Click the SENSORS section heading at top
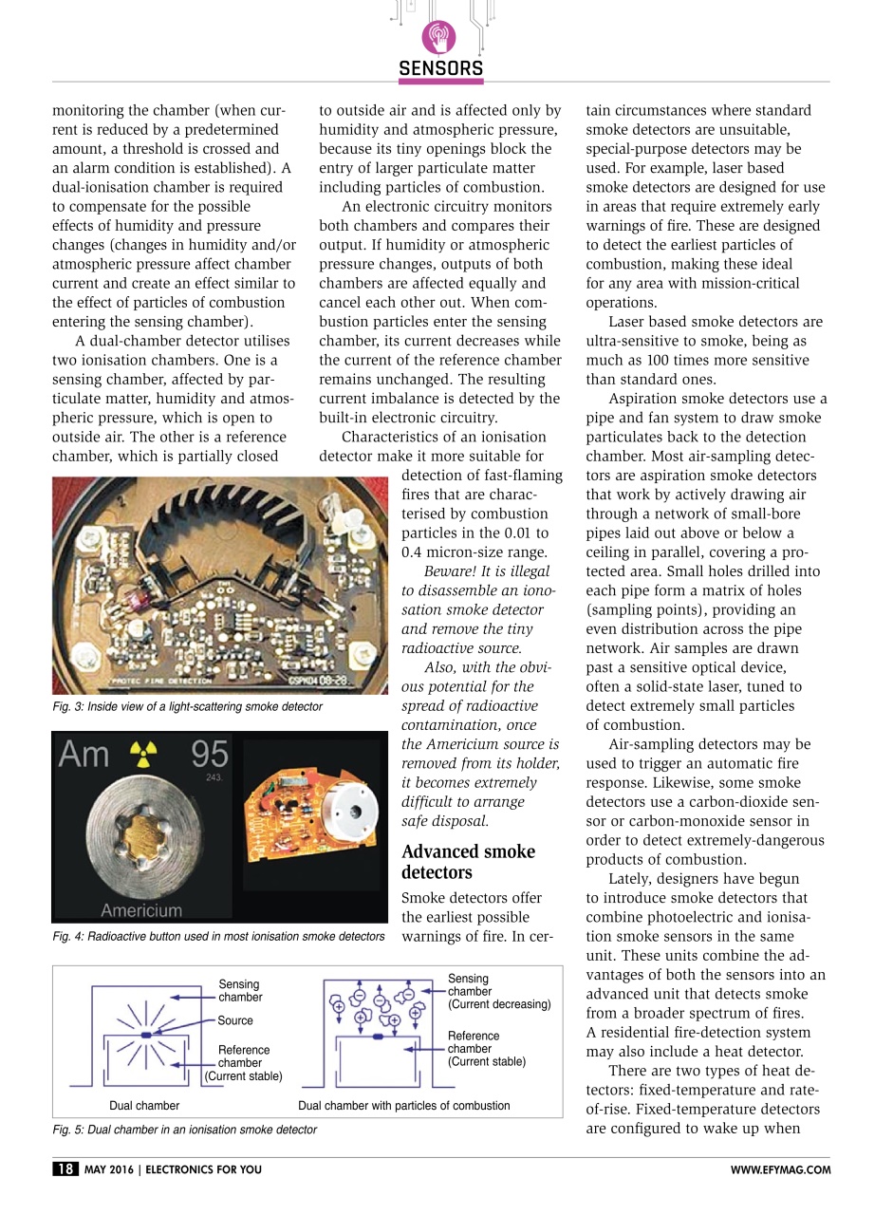[441, 69]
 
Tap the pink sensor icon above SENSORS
[439, 37]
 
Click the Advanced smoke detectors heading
[469, 862]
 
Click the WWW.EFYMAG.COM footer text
[780, 1170]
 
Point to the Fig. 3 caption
[187, 707]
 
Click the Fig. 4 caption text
[218, 937]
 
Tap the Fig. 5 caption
[184, 1130]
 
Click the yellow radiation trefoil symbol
[146, 756]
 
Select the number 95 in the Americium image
[209, 756]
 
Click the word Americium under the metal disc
[141, 910]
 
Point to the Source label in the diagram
[235, 1021]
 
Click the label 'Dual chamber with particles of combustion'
[404, 1106]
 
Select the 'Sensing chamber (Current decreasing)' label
[499, 991]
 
